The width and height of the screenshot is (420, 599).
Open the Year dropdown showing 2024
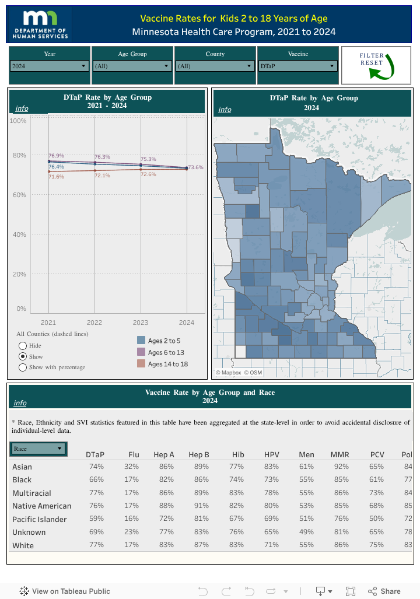50,66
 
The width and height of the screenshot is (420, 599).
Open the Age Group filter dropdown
132,66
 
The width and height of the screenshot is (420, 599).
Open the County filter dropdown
215,66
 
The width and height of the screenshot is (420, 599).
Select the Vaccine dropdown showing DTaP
297,66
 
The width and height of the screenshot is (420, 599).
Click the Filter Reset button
376,65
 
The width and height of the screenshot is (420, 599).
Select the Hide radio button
23,345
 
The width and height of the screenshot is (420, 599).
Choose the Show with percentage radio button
23,367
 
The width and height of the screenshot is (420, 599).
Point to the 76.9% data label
56,156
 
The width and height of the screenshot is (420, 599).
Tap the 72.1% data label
102,176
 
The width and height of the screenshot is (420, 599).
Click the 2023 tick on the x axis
141,323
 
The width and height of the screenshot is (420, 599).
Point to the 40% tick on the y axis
19,234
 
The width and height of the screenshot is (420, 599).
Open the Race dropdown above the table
38,449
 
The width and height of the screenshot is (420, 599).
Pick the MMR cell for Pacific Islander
341,519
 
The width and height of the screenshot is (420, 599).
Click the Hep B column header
199,454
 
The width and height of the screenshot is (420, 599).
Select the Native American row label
41,506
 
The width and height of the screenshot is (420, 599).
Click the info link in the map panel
225,110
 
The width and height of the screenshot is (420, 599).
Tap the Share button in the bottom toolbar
384,591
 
